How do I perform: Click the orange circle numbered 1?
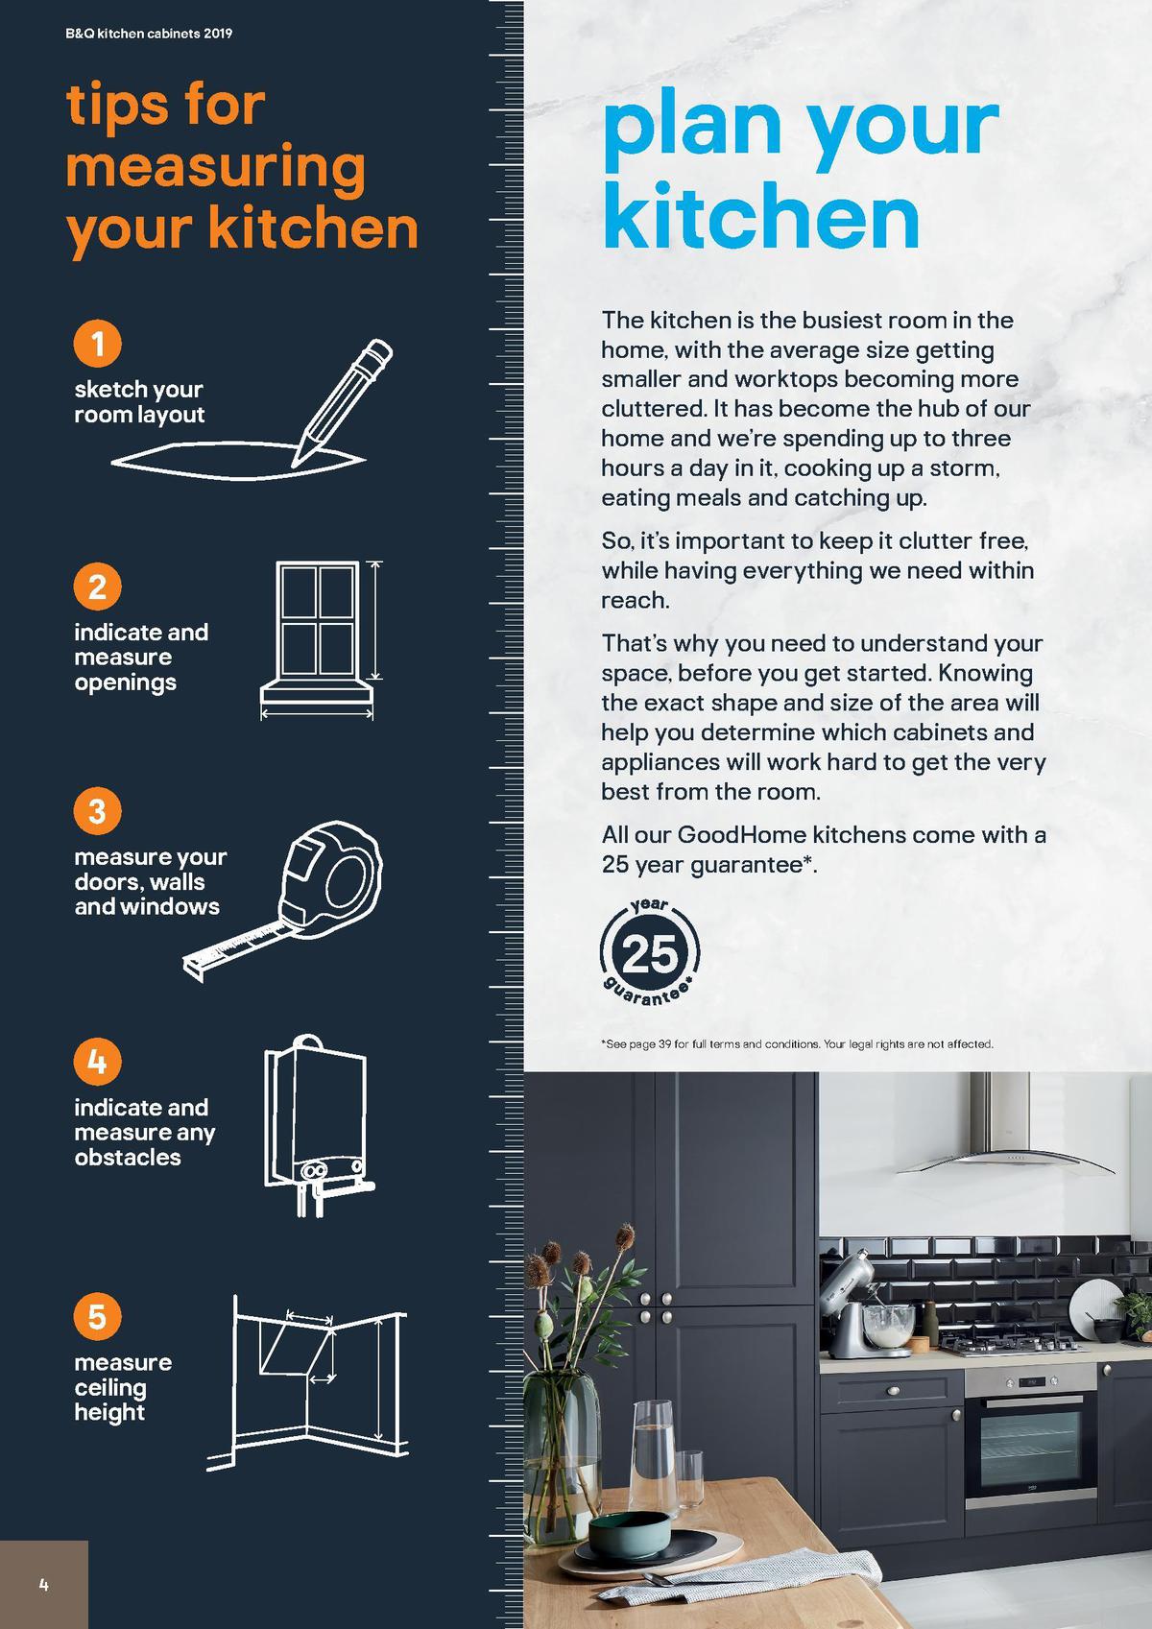(97, 343)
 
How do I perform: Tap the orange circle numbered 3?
(97, 811)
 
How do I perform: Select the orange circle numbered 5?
(97, 1315)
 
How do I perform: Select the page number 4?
(43, 1584)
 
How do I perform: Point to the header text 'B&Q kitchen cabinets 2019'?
(149, 34)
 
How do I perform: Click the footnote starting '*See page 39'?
(797, 1043)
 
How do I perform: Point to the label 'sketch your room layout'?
(139, 402)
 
